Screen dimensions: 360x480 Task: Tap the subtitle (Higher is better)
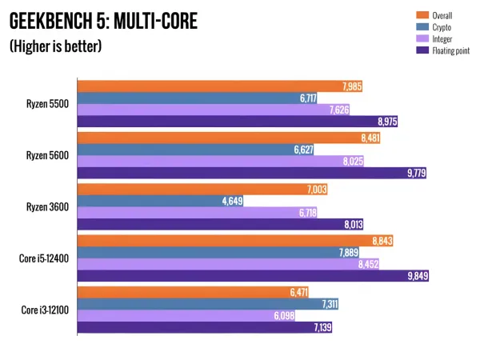(55, 47)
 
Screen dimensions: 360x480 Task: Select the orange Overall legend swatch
(422, 15)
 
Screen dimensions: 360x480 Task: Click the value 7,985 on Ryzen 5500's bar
(350, 86)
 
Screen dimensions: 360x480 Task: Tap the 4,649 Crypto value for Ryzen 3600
(230, 201)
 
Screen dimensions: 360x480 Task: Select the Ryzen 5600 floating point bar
(240, 173)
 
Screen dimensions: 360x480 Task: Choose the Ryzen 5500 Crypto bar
(184, 98)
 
